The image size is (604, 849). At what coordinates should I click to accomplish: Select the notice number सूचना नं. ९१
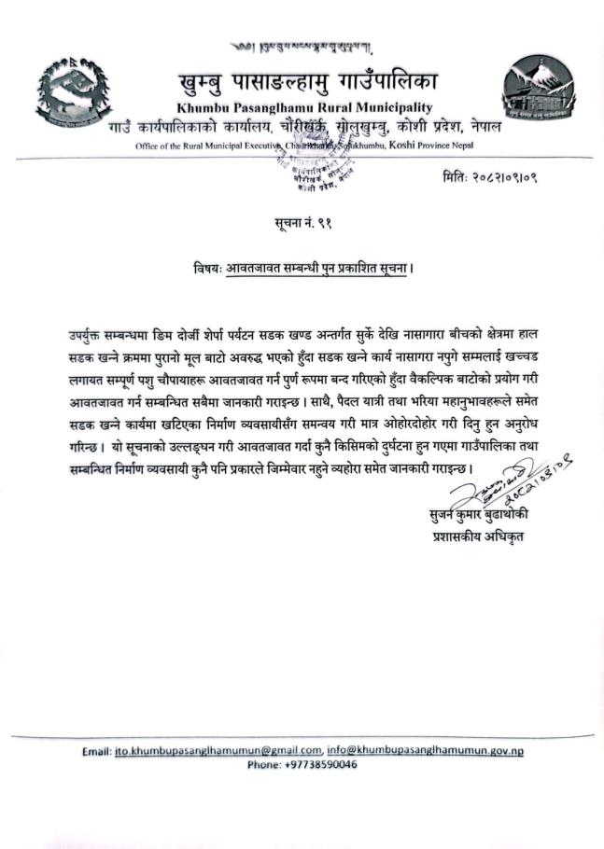click(301, 223)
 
